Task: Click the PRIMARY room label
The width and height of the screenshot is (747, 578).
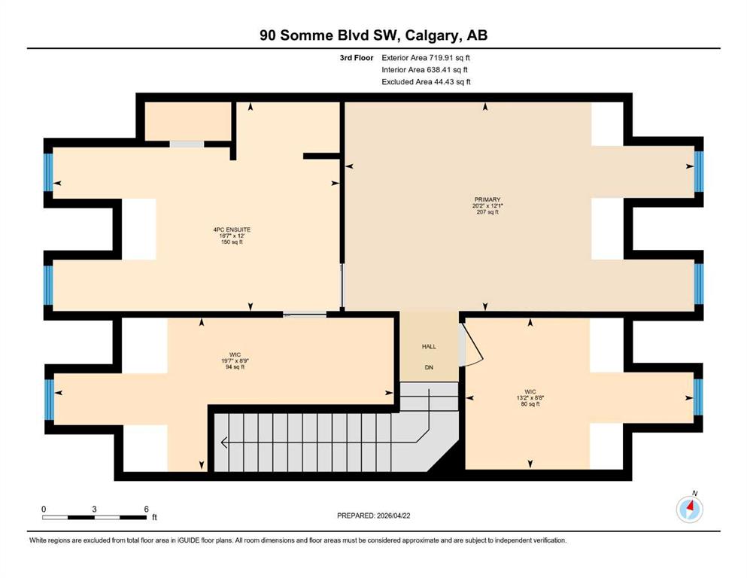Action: point(487,199)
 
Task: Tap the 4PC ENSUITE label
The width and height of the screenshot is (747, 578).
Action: point(232,230)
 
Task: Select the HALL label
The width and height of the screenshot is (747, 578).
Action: point(429,346)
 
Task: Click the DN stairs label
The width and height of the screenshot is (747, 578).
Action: point(429,367)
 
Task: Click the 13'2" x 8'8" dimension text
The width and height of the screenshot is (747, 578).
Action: point(530,398)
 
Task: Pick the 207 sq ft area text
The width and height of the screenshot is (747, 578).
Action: point(487,212)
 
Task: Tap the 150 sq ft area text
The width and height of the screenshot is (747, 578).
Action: point(232,242)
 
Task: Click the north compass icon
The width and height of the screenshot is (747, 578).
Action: point(689,509)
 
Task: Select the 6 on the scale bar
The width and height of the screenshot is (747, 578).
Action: point(146,509)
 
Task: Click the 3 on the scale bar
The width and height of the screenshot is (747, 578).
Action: point(94,509)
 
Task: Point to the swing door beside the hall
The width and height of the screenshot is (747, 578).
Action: point(472,345)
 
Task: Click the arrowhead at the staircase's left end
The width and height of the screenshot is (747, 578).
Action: point(224,443)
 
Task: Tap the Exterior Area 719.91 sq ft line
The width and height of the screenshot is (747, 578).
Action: point(426,58)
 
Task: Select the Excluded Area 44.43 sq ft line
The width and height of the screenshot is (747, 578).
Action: point(426,81)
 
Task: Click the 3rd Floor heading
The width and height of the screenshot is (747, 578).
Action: point(357,58)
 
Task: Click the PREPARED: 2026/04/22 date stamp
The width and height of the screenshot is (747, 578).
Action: point(373,516)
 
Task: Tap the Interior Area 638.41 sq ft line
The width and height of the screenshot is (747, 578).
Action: point(424,69)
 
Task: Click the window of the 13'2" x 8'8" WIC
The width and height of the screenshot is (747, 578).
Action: point(698,397)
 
